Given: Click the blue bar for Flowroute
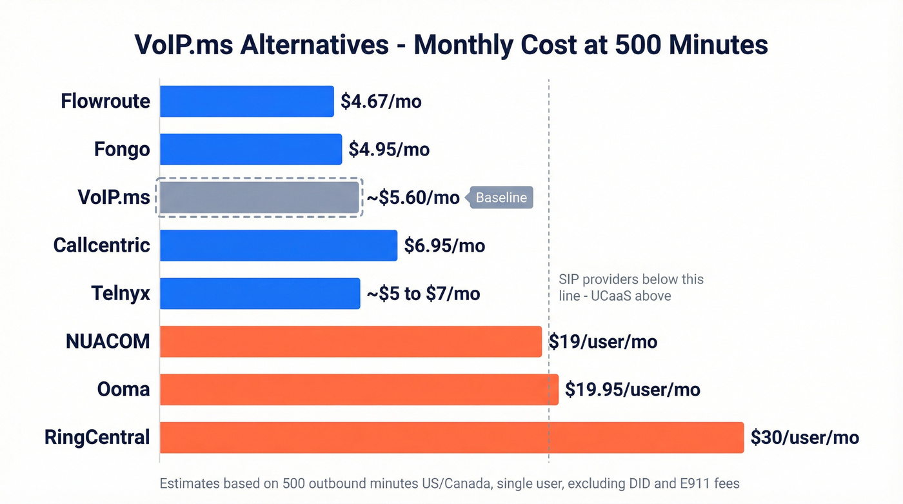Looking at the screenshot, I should tap(247, 101).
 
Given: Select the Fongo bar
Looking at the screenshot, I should tap(251, 149).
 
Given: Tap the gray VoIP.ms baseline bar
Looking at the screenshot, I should tap(259, 197).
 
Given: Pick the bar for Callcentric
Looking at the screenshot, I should tap(279, 245).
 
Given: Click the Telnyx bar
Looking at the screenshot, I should tap(260, 294).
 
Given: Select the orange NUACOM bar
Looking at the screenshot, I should tap(351, 341).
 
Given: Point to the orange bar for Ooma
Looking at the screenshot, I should tap(359, 389).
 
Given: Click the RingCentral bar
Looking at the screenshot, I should tap(451, 438).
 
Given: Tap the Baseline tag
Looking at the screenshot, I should tap(501, 197).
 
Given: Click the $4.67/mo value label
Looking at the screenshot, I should tap(381, 101).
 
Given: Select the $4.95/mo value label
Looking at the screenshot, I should tap(389, 150).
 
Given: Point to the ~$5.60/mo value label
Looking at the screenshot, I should tap(413, 197).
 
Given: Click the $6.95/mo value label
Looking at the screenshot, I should tap(444, 245).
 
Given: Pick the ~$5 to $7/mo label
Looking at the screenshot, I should tap(424, 294).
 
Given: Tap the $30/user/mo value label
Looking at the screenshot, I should tap(805, 438).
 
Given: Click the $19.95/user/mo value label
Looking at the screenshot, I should tap(632, 389).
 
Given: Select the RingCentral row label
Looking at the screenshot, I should tap(97, 438).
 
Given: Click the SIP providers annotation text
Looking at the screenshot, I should tap(630, 288).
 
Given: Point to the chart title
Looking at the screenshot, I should tap(451, 45).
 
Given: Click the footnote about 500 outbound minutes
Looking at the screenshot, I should tap(449, 483).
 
